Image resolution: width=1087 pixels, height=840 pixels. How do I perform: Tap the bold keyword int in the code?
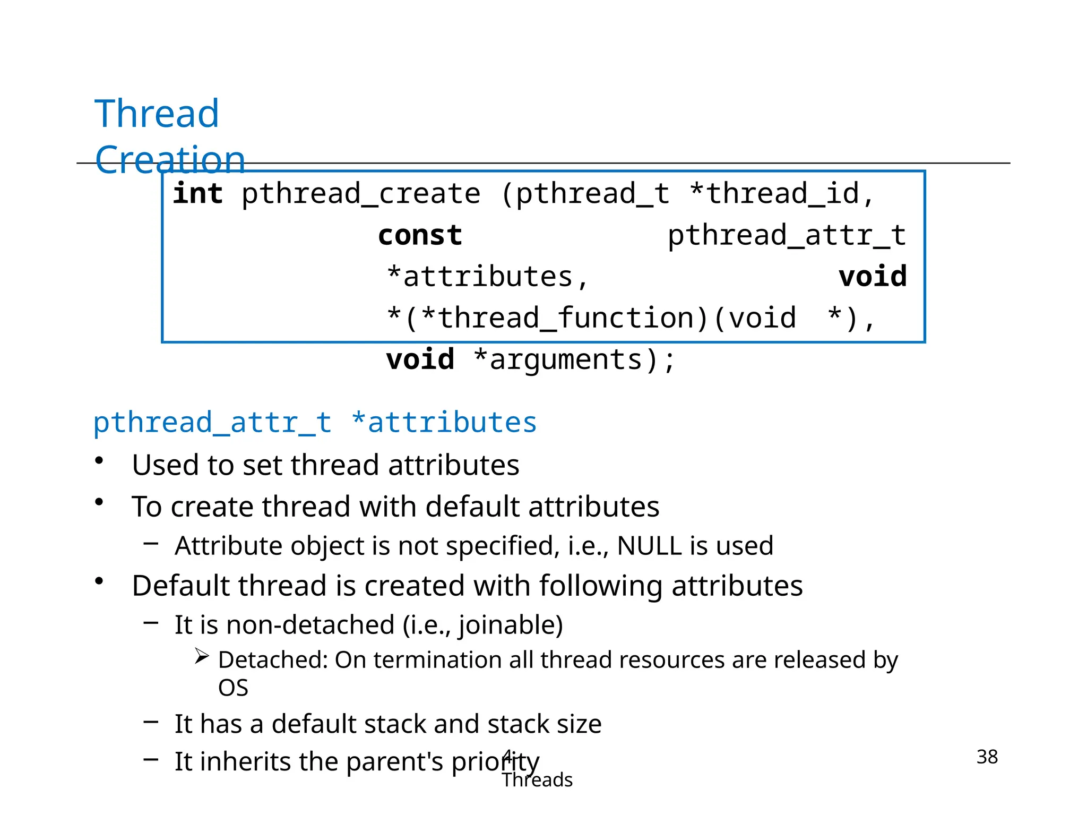(197, 194)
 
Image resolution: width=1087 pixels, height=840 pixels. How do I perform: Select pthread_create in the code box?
(361, 194)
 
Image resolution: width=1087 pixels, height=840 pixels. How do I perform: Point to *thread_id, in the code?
(781, 194)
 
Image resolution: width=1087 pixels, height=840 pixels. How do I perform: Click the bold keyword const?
(420, 235)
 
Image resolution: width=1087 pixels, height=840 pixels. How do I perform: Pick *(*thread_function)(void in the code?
(591, 319)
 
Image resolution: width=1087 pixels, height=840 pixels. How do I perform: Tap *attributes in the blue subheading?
(444, 423)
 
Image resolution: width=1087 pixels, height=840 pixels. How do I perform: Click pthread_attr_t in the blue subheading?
(212, 423)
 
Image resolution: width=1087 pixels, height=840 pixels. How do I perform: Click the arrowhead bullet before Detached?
(201, 656)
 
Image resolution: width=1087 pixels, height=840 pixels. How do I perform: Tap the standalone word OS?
(233, 688)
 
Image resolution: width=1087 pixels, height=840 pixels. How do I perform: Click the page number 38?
(987, 757)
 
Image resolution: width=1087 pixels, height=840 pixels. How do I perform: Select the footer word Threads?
(537, 780)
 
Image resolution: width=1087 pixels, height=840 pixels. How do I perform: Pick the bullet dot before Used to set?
(99, 461)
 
